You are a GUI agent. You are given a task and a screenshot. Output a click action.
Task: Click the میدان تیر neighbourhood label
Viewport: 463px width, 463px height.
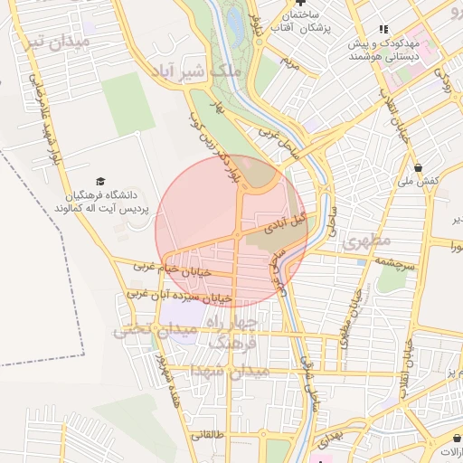[x=60, y=42]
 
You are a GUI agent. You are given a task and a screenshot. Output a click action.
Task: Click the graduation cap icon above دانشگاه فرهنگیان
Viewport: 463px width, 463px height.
[x=99, y=182]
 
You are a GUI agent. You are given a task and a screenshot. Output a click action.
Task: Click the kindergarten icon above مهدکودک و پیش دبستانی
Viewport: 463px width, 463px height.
[x=383, y=29]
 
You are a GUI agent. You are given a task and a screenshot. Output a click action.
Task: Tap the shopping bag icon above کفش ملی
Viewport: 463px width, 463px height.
[x=418, y=167]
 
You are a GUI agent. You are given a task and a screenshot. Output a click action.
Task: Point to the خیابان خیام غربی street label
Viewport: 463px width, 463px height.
[x=172, y=268]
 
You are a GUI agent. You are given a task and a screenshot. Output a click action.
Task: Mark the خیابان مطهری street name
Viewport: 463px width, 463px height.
[x=349, y=317]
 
